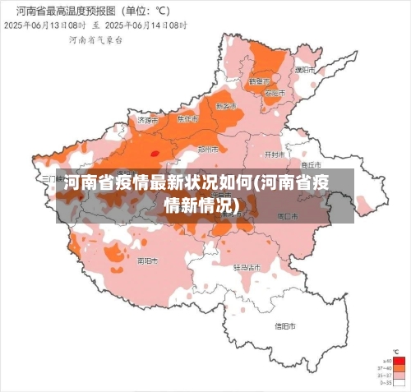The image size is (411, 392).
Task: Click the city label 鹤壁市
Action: click(x=259, y=81)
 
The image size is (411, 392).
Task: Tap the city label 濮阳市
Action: click(x=306, y=71)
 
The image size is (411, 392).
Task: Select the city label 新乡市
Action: click(x=225, y=106)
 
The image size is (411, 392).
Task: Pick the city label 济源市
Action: click(x=146, y=120)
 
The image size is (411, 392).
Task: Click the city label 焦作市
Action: click(x=188, y=119)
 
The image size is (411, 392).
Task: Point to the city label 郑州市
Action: click(x=209, y=150)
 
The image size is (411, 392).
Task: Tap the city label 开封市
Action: click(x=274, y=154)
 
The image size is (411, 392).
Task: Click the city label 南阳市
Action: click(x=149, y=261)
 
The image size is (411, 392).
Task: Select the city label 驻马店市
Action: click(x=247, y=267)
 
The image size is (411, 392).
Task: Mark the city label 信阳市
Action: click(x=284, y=326)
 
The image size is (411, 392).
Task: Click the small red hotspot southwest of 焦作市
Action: click(x=154, y=152)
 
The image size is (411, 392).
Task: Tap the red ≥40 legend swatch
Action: click(x=399, y=360)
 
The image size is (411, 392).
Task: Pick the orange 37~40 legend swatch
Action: click(x=399, y=368)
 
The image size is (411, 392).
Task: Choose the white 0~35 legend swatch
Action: click(x=399, y=382)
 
